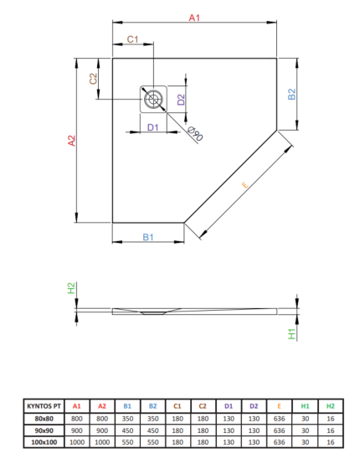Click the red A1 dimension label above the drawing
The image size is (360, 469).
pyautogui.click(x=194, y=18)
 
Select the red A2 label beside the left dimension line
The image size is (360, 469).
pyautogui.click(x=72, y=141)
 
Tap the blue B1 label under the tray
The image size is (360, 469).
pyautogui.click(x=148, y=237)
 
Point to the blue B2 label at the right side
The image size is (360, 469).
pyautogui.click(x=291, y=94)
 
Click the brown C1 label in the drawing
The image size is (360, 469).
pyautogui.click(x=132, y=39)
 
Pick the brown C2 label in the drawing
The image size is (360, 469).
pyautogui.click(x=94, y=79)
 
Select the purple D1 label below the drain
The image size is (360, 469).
pyautogui.click(x=152, y=127)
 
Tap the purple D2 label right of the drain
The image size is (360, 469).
pyautogui.click(x=181, y=100)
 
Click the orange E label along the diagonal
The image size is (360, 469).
pyautogui.click(x=244, y=185)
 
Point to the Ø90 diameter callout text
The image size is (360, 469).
pyautogui.click(x=195, y=134)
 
